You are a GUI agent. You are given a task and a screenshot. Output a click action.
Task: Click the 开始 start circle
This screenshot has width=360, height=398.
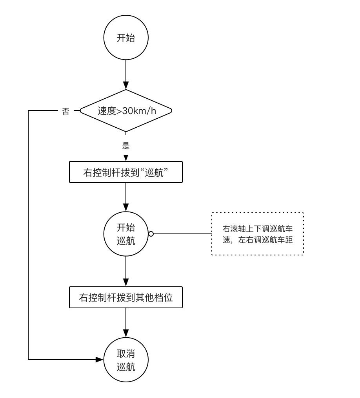(x=126, y=38)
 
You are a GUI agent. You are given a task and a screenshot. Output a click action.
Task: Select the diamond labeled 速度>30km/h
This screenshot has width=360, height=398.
(x=126, y=111)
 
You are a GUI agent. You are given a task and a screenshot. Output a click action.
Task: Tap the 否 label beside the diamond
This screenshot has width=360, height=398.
(x=65, y=111)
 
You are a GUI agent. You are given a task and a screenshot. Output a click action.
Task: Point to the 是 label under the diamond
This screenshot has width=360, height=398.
(x=126, y=146)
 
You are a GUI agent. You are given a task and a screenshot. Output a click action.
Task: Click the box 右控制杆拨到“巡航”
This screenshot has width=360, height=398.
(x=126, y=172)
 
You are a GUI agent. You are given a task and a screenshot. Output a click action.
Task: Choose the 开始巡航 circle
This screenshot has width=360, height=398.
(x=126, y=234)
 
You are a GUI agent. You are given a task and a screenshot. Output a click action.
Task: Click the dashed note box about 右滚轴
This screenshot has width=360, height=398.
(x=258, y=234)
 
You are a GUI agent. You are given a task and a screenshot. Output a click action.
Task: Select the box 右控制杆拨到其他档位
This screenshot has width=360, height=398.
(x=126, y=297)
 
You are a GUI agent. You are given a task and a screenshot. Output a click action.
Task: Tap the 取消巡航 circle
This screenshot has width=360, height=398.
(x=126, y=360)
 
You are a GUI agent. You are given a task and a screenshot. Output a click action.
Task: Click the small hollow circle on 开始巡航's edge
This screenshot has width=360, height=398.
(x=151, y=234)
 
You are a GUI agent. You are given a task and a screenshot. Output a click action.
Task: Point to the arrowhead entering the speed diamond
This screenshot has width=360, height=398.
(x=126, y=85)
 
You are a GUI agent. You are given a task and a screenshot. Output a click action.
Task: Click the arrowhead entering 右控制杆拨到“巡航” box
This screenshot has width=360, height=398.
(x=126, y=157)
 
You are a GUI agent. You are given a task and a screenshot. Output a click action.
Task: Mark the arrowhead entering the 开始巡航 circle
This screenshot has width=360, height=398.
(x=126, y=208)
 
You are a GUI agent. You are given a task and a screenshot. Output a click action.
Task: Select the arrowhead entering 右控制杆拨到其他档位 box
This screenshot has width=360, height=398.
(x=126, y=283)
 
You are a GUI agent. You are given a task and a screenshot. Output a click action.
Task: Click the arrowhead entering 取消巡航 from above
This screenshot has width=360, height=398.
(x=126, y=333)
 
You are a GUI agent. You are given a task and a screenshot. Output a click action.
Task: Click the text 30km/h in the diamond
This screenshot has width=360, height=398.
(x=139, y=111)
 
